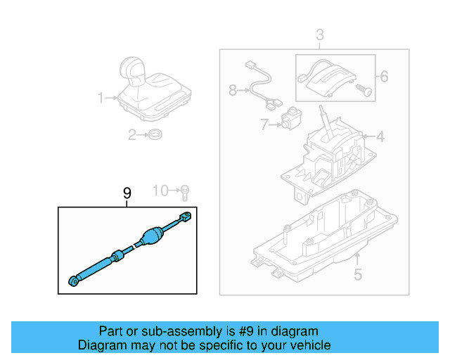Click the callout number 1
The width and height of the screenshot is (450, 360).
[101, 98]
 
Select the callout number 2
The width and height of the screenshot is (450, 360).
[131, 136]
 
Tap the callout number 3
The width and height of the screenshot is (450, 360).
[319, 34]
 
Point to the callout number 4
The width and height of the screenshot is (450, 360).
[380, 137]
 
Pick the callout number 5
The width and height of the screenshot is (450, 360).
[357, 275]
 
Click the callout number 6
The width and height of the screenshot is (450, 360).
[384, 76]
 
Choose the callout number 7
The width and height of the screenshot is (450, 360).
[264, 125]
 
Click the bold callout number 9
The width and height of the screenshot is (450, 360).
[127, 193]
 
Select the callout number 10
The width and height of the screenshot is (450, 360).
[161, 191]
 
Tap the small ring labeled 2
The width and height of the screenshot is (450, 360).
[155, 135]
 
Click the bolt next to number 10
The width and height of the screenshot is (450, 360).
[184, 191]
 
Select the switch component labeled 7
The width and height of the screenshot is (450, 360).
[290, 120]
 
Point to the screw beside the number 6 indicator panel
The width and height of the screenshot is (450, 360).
[363, 90]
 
